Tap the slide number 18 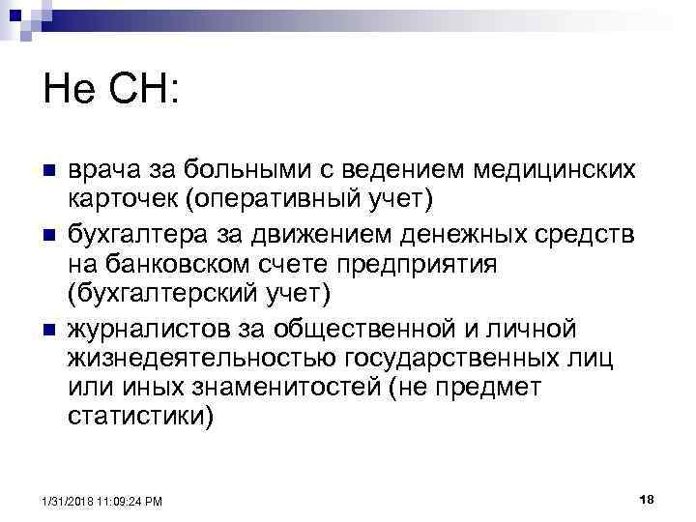point(648,499)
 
